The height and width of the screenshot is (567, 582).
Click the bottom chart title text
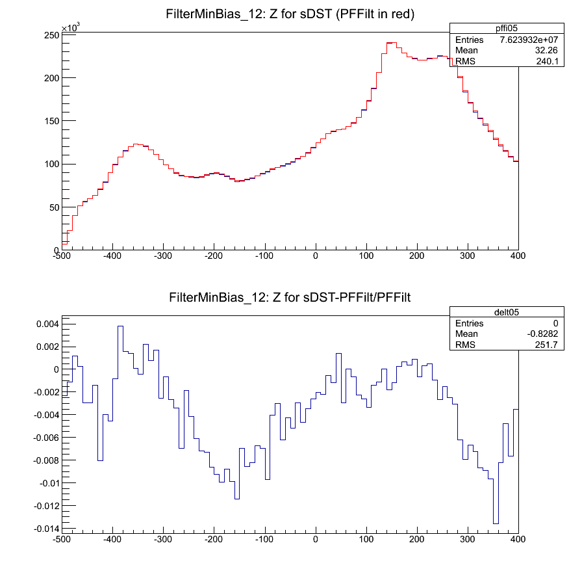(291, 298)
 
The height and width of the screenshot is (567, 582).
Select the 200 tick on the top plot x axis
(417, 257)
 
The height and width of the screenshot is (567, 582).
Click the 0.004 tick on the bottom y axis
(46, 324)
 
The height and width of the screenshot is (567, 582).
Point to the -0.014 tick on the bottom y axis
(44, 529)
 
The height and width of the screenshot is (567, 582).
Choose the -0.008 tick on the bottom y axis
(44, 460)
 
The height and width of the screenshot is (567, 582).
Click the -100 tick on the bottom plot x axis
(265, 539)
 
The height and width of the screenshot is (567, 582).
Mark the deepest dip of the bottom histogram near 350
(496, 523)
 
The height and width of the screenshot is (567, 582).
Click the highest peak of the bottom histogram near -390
(120, 326)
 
